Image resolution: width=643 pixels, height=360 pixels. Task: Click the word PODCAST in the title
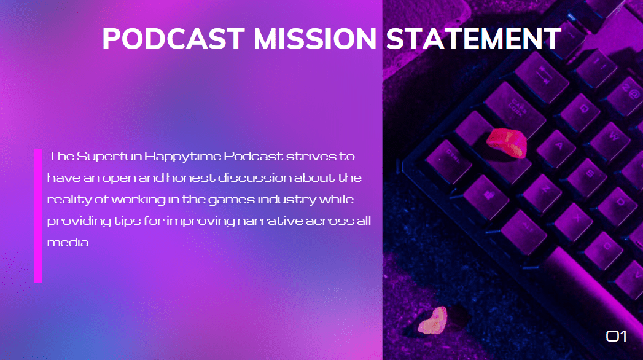click(174, 39)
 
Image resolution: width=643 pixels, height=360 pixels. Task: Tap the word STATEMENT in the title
click(473, 39)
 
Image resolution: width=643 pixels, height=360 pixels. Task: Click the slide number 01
click(616, 336)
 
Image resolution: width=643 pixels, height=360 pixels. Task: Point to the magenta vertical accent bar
click(38, 216)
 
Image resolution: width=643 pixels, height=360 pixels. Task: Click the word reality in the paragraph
click(65, 200)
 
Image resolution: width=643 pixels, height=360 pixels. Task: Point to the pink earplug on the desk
click(434, 320)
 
